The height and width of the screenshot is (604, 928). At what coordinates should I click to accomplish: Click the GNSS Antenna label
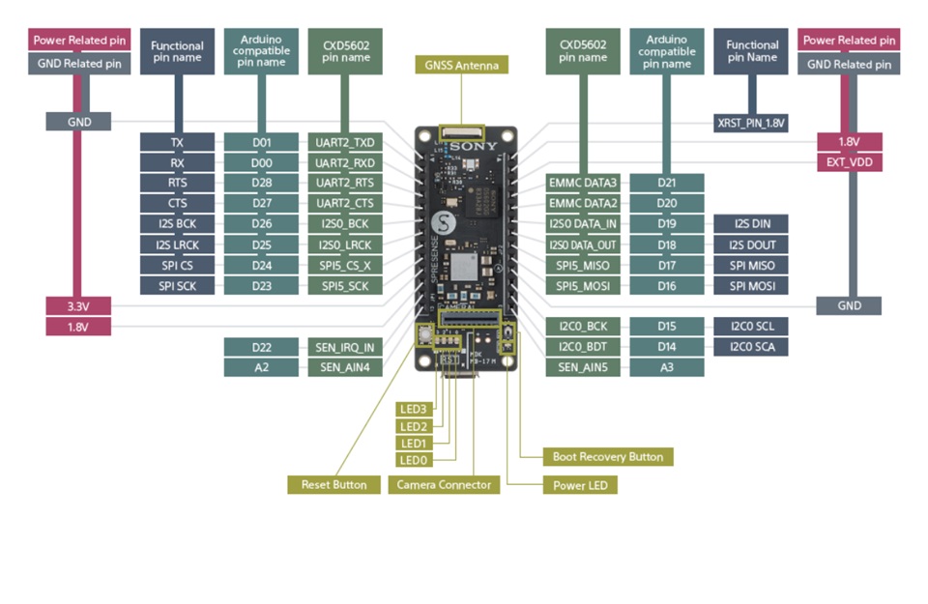click(461, 66)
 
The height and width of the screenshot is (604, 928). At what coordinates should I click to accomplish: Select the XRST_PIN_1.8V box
click(751, 123)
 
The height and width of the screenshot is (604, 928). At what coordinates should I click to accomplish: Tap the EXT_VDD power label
click(849, 162)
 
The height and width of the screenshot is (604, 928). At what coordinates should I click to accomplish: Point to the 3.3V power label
click(78, 306)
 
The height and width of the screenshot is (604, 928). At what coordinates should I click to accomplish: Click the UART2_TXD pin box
click(345, 142)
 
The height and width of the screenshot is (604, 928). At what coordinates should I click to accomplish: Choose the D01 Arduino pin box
click(261, 142)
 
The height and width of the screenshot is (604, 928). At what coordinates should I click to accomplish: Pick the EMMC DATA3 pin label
click(583, 183)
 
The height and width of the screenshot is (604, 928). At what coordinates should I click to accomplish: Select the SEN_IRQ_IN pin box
click(345, 347)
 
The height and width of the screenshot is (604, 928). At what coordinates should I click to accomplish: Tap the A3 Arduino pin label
click(667, 367)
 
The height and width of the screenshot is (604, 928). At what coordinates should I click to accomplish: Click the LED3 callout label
click(413, 410)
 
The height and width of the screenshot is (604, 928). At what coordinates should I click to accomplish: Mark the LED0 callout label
click(413, 460)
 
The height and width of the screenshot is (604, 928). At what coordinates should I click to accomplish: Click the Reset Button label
click(333, 484)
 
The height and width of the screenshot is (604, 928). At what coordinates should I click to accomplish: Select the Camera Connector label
click(444, 484)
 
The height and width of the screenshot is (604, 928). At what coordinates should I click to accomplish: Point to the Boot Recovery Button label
click(607, 456)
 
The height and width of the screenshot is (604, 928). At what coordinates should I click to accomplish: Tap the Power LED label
click(580, 484)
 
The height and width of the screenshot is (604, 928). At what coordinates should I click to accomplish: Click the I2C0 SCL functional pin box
click(751, 327)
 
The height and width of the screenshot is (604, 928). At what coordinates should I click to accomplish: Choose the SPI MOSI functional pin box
click(751, 286)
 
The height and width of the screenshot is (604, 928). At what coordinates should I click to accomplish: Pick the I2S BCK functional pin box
click(177, 224)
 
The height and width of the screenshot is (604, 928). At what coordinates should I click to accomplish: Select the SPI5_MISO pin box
click(583, 266)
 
